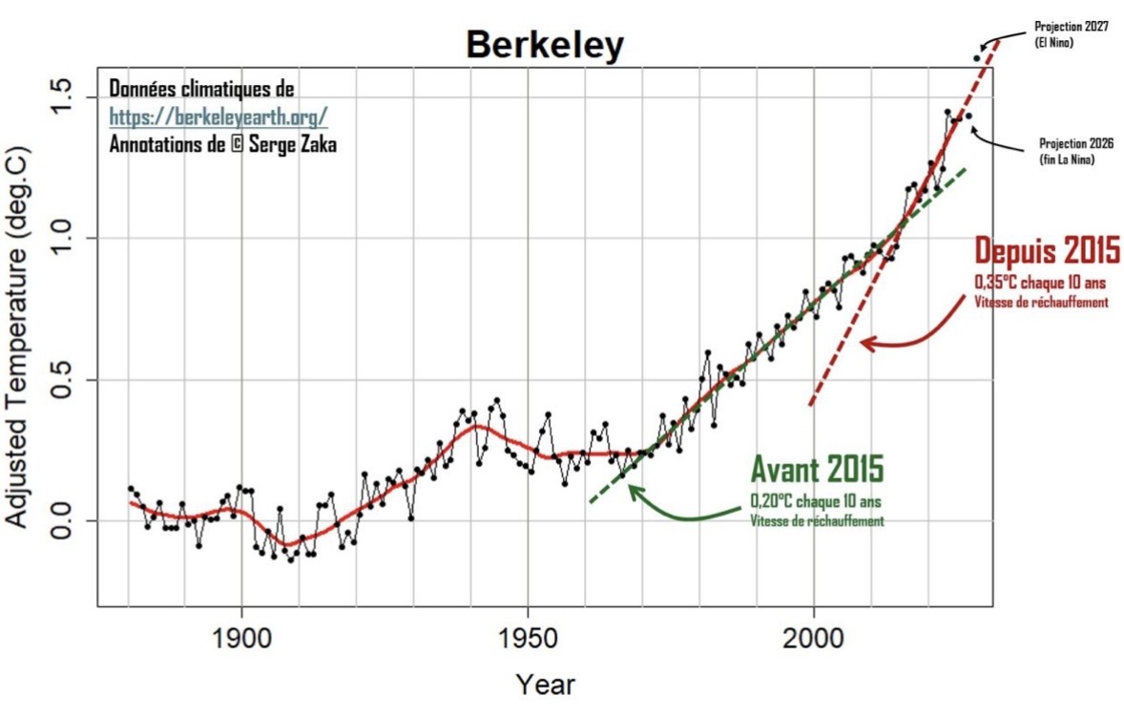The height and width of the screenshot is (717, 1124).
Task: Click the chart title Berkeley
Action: (544, 44)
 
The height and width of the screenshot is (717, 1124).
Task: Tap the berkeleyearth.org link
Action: (219, 116)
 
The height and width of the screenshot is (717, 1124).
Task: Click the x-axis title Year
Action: (546, 685)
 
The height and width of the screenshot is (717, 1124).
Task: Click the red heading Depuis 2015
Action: (1046, 252)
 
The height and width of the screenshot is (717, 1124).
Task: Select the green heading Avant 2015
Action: (817, 469)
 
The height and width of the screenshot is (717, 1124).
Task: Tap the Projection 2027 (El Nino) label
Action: (1071, 33)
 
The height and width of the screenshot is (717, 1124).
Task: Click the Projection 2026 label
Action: (1075, 151)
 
